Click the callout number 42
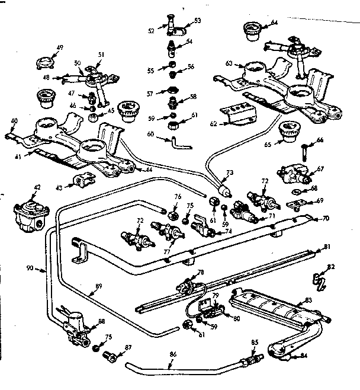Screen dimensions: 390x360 [37, 187]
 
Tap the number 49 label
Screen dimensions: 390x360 [60, 47]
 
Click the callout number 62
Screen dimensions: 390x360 [214, 124]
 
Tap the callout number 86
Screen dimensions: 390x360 [172, 354]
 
